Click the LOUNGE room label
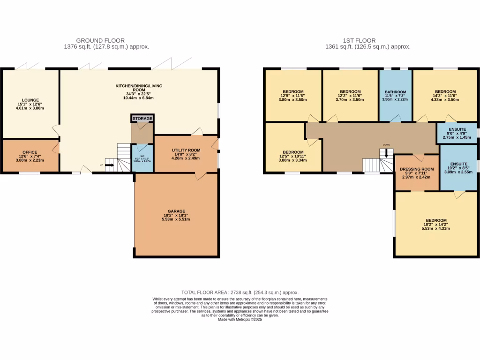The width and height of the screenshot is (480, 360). coord(30,99)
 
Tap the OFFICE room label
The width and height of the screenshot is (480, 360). coord(30,152)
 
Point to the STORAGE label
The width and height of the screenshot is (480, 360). coord(142,119)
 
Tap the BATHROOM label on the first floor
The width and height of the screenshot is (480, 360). coord(395,92)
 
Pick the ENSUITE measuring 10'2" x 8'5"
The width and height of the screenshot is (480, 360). coord(459,164)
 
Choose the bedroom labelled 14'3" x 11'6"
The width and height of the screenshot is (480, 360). coord(445,92)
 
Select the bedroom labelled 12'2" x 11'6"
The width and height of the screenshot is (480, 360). coord(350,92)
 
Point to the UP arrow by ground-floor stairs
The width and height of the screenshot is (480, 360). coord(109,165)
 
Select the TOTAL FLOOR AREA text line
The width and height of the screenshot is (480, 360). coord(240,292)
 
